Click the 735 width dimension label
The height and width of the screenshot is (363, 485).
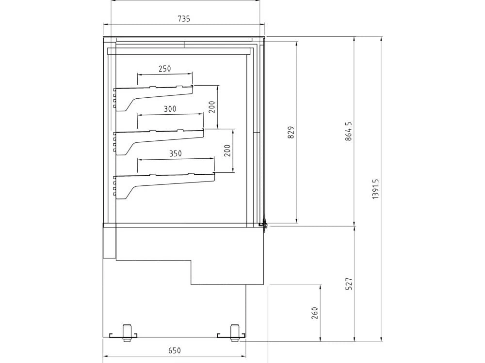[x=184, y=19]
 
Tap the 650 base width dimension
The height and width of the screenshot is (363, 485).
[x=175, y=350]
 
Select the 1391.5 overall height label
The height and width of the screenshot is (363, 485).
[x=375, y=189]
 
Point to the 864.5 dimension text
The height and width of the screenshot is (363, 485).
[x=348, y=131]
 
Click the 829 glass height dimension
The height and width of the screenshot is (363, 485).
[x=291, y=132]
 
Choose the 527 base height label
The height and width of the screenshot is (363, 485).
[x=349, y=283]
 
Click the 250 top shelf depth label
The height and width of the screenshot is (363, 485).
[x=164, y=69]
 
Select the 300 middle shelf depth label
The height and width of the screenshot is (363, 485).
[x=170, y=109]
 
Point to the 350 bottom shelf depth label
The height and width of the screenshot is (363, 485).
[x=176, y=153]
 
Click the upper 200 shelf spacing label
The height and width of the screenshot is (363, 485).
[x=211, y=107]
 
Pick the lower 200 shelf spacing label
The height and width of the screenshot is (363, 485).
[x=227, y=151]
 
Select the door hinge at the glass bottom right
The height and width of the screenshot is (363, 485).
[x=264, y=224]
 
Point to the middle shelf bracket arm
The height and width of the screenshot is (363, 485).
[x=133, y=145]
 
